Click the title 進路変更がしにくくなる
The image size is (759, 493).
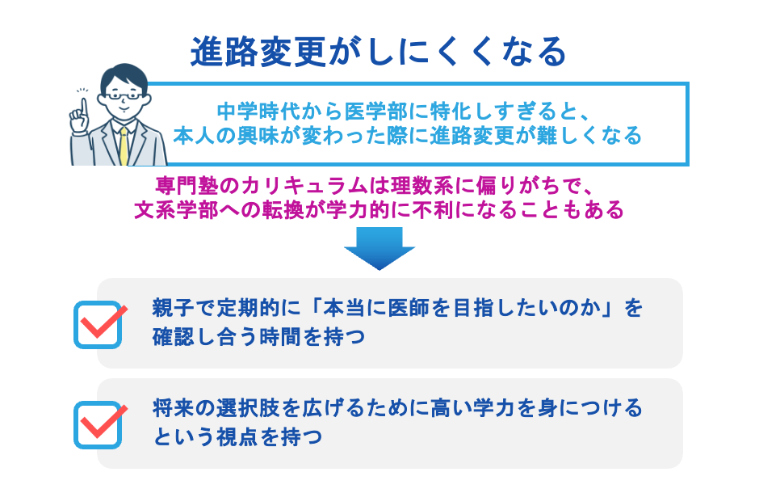pos(379,53)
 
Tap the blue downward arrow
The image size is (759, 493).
pos(379,247)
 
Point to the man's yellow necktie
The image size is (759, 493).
pos(124,145)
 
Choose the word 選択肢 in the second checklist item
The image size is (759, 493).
pos(246,407)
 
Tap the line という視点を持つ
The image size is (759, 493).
pos(237,436)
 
